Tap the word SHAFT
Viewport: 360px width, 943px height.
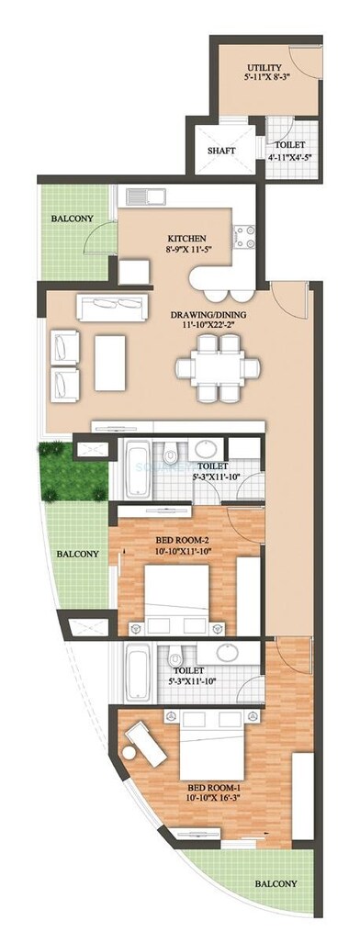tap(221, 151)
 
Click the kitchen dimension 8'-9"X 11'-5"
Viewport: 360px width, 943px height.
tap(186, 249)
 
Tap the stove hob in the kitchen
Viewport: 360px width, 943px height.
tap(244, 236)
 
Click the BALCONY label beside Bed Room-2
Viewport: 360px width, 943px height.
tap(75, 554)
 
